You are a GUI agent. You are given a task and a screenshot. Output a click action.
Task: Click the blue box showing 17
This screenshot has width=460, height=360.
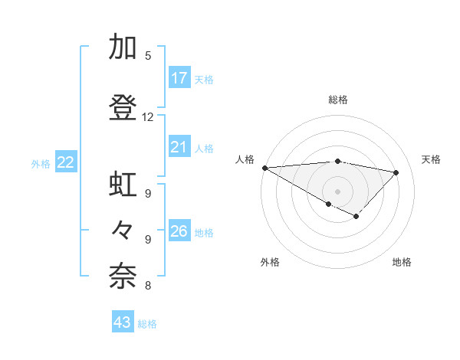click(x=179, y=78)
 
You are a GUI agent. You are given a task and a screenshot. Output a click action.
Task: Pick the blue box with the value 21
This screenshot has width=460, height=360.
click(x=179, y=147)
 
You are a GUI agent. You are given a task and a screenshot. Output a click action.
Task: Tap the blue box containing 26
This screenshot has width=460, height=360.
click(x=179, y=231)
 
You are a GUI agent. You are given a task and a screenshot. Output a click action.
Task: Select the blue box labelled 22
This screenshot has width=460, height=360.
click(x=66, y=162)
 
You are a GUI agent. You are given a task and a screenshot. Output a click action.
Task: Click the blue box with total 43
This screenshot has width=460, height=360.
click(x=123, y=322)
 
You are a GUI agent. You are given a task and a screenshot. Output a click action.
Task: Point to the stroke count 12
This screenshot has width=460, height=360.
click(x=147, y=117)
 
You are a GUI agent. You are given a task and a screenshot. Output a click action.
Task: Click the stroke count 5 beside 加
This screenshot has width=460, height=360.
click(x=148, y=56)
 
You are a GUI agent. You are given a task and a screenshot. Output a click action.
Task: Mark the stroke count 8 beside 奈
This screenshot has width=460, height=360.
click(x=148, y=286)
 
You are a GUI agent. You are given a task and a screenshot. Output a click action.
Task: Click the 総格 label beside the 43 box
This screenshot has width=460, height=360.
click(x=147, y=324)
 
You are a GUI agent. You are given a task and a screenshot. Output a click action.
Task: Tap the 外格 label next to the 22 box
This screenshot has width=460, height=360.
click(x=41, y=163)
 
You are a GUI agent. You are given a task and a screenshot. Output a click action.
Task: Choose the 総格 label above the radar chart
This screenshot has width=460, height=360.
click(x=338, y=100)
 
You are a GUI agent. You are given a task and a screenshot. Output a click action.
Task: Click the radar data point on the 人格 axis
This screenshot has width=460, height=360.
click(x=264, y=168)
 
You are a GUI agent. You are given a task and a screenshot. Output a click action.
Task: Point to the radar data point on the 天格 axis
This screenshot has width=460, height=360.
click(x=396, y=172)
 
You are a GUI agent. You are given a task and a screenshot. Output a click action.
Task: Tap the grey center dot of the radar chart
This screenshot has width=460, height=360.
click(x=337, y=191)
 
